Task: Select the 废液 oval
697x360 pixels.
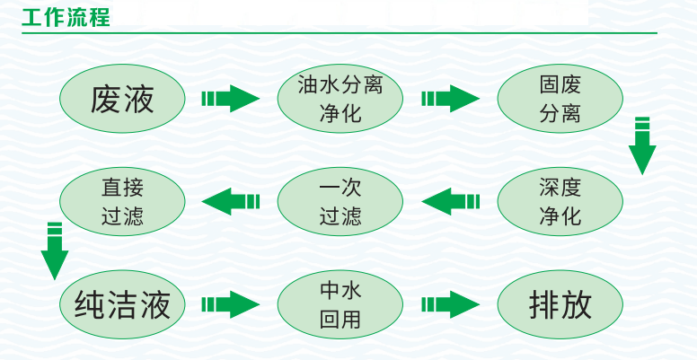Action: [x=122, y=98]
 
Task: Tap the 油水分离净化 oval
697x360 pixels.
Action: [x=340, y=98]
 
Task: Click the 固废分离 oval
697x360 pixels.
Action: [x=560, y=98]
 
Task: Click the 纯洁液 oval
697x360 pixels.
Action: [x=122, y=304]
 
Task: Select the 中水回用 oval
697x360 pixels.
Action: [x=340, y=304]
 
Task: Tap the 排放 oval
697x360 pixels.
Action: [x=560, y=304]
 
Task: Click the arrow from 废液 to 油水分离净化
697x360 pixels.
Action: [x=230, y=98]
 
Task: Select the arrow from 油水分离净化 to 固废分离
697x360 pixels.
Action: [x=450, y=98]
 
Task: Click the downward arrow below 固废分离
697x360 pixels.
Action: [x=642, y=145]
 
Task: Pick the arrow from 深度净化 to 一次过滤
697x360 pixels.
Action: [x=450, y=201]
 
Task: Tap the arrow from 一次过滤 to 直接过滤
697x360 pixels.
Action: [x=231, y=201]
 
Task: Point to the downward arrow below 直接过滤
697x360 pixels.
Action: [x=55, y=250]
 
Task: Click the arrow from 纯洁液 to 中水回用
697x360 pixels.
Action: [x=230, y=304]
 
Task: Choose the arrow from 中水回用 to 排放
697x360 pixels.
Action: [x=450, y=304]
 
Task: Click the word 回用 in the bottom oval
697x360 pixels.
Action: [x=340, y=319]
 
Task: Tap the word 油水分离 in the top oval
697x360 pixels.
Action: [x=340, y=85]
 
